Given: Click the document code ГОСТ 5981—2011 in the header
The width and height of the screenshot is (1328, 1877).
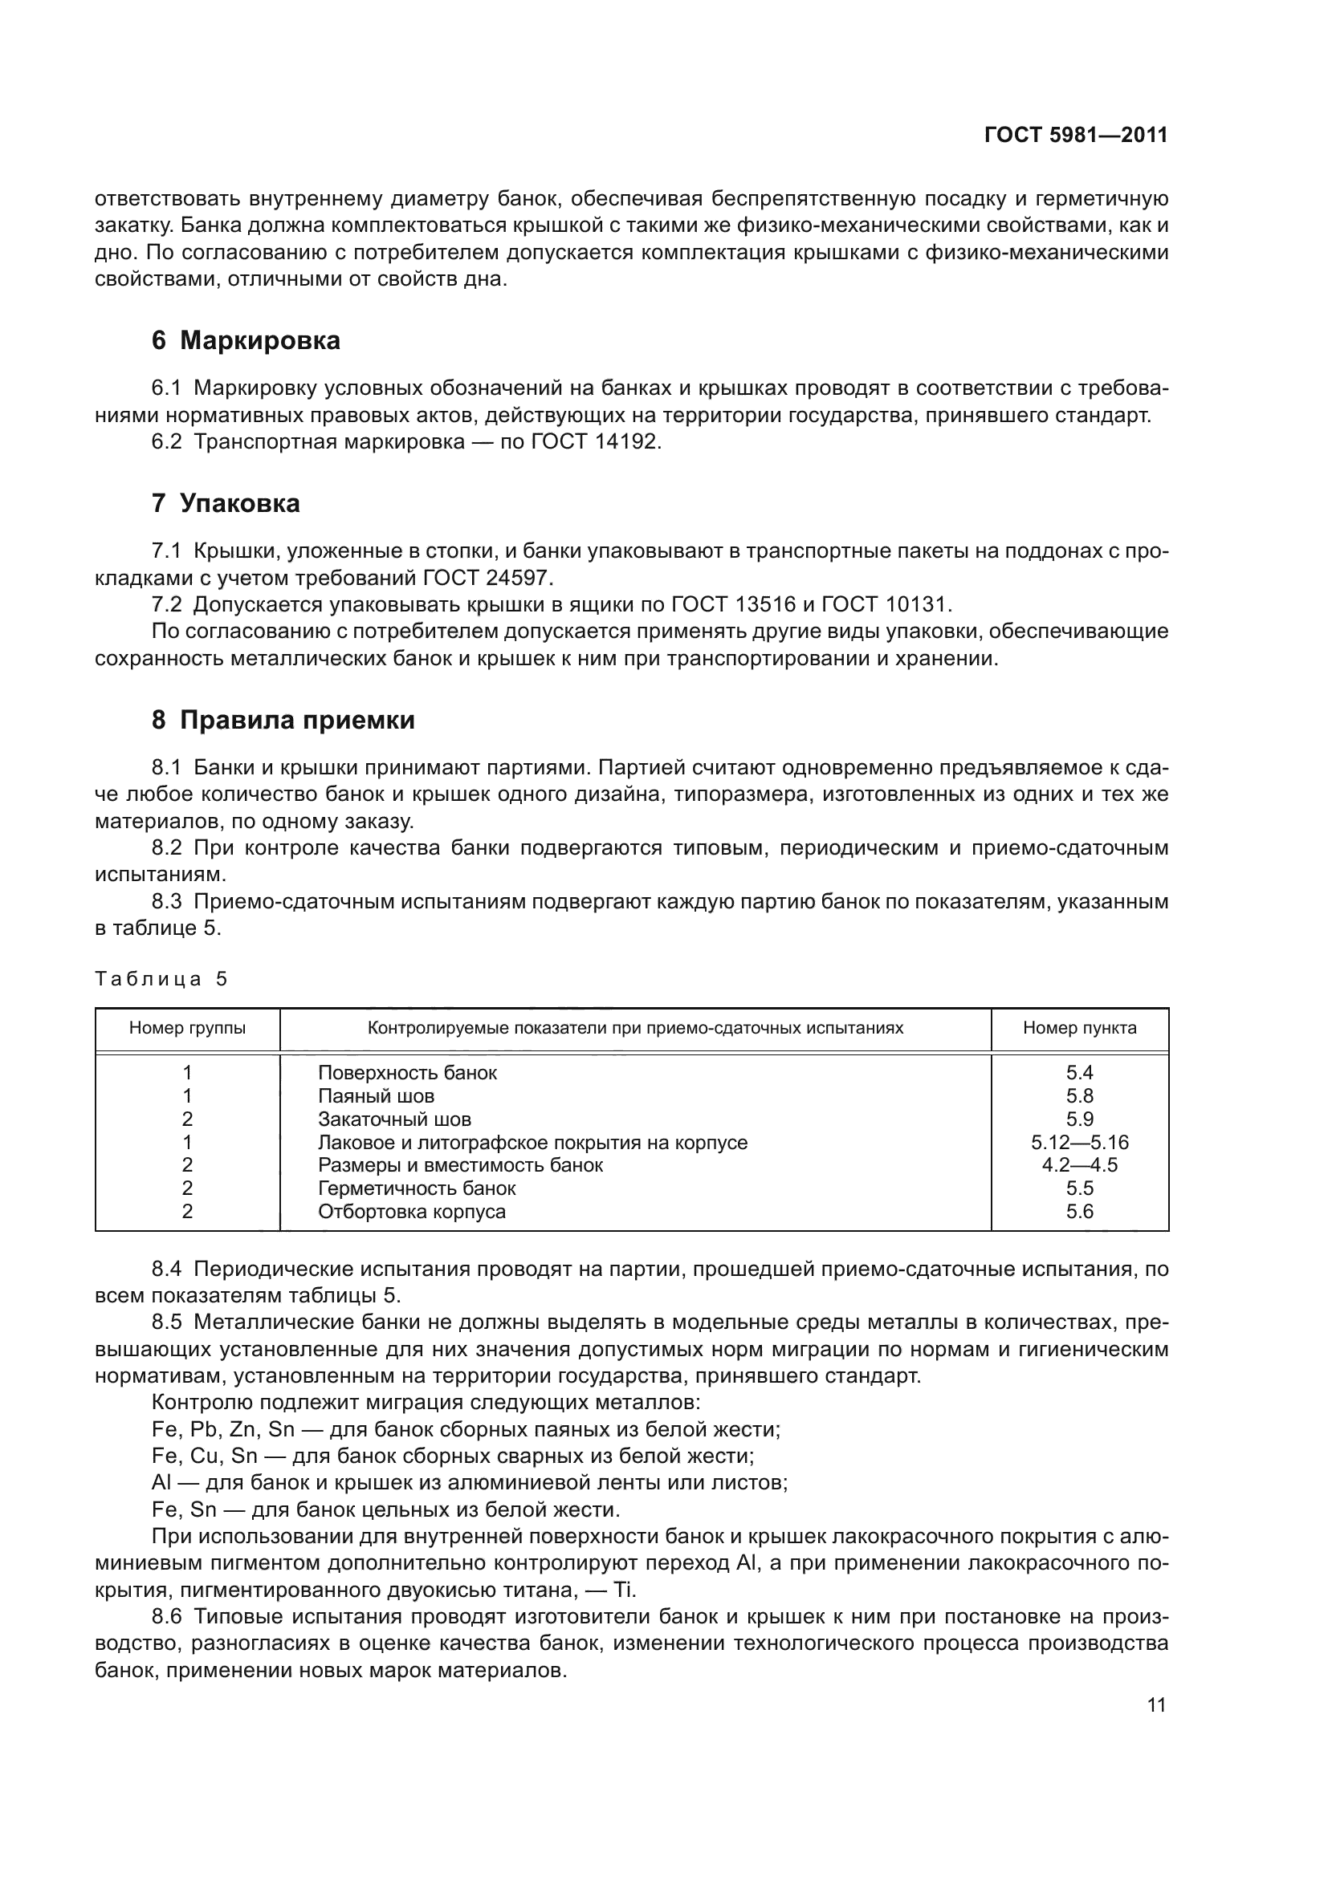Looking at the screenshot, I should (1075, 135).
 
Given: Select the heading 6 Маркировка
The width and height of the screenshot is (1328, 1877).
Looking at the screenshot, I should (246, 340).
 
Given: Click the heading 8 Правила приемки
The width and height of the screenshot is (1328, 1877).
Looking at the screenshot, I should (283, 720).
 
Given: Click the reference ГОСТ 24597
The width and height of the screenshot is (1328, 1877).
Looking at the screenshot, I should (487, 578).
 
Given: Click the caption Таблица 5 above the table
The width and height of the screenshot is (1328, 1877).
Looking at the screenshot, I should (161, 979).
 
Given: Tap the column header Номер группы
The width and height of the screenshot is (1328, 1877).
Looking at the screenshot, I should (187, 1029).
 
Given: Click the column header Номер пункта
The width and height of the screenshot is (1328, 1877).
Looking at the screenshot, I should (1079, 1029).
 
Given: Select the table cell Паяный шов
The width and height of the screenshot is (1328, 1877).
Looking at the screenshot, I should (376, 1096).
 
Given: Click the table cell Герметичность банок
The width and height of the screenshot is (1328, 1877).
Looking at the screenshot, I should (417, 1188).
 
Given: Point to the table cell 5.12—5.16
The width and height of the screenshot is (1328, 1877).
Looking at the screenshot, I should (1079, 1143).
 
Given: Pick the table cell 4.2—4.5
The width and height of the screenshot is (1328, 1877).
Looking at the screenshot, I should (1079, 1166).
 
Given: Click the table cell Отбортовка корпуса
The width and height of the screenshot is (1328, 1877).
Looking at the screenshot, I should (412, 1212).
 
